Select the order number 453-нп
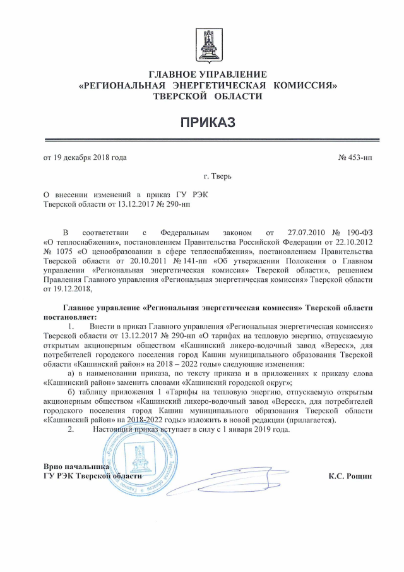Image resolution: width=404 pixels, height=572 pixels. tap(356, 157)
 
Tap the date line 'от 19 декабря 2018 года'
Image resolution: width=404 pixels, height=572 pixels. tap(85, 157)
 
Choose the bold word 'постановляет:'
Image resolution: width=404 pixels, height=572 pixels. tap(70, 316)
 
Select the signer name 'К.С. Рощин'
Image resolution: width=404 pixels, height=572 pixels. tap(350, 475)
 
